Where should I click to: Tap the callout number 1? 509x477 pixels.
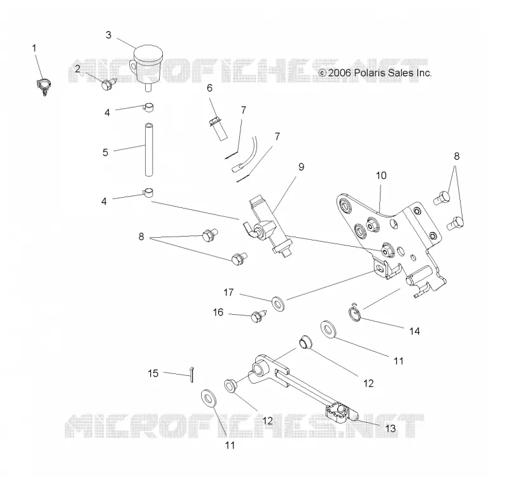click(x=34, y=48)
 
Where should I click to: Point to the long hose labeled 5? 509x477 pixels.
click(x=149, y=149)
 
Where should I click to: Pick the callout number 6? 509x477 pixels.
click(x=210, y=88)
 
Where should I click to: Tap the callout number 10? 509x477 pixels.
click(x=381, y=176)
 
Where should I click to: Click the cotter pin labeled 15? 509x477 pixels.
click(x=192, y=375)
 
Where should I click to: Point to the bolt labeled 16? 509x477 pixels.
click(x=259, y=316)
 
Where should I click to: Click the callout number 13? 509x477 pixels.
click(x=391, y=428)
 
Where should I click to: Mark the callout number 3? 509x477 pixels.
click(x=108, y=35)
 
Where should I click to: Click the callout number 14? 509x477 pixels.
click(x=415, y=331)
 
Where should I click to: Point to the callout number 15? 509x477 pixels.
click(x=153, y=373)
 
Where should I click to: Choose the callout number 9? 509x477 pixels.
click(x=301, y=167)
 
